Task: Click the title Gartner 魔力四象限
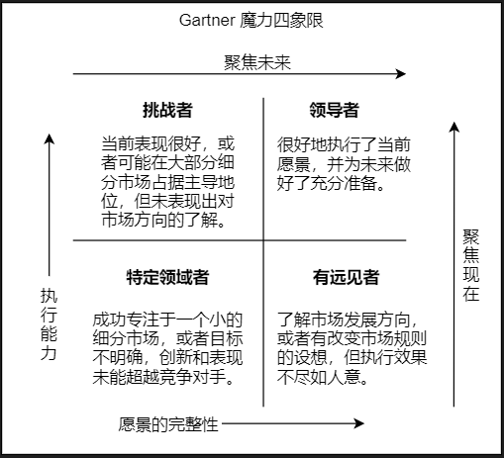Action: click(x=252, y=19)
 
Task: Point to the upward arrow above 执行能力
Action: click(x=50, y=198)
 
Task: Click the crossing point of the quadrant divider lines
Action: click(x=263, y=240)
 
